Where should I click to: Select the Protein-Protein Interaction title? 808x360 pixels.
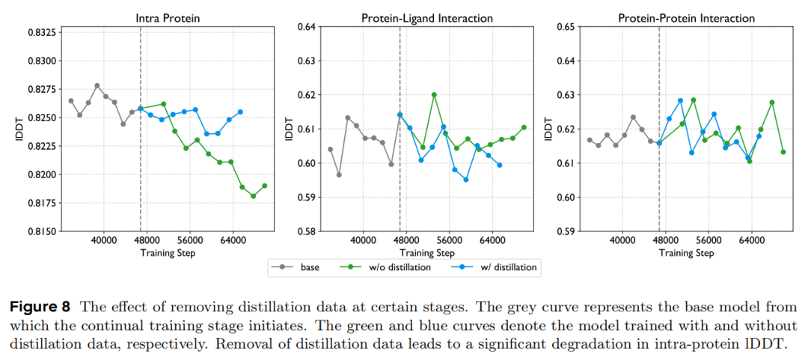[x=686, y=17]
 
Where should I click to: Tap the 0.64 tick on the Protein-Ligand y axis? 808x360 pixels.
[x=307, y=27]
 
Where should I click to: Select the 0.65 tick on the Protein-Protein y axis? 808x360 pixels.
[x=566, y=27]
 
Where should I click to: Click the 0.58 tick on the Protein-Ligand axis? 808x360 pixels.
[x=307, y=231]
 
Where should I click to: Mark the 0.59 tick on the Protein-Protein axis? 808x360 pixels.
[x=566, y=231]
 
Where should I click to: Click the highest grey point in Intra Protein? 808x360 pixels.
[x=97, y=86]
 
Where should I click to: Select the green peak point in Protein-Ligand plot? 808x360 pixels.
[x=434, y=95]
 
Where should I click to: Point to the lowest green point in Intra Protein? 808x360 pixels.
[x=254, y=196]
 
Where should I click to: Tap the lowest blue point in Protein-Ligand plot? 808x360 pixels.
[x=466, y=180]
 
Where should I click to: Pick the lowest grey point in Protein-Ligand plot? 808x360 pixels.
[x=339, y=175]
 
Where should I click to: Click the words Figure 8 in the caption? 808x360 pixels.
[x=39, y=307]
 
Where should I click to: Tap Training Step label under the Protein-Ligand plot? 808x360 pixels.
[x=426, y=253]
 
